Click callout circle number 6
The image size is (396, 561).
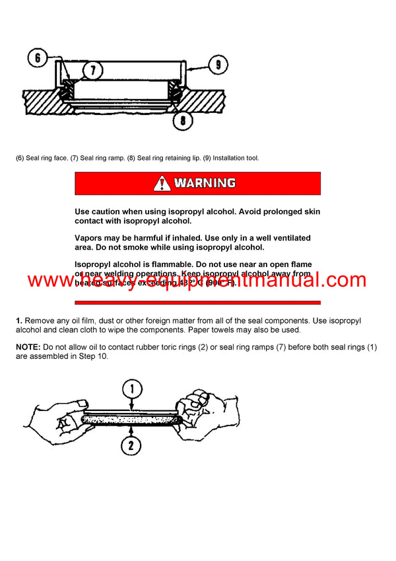pyautogui.click(x=38, y=58)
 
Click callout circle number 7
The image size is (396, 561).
pyautogui.click(x=92, y=69)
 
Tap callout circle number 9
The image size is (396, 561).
pyautogui.click(x=218, y=64)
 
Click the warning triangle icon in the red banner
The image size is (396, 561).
pyautogui.click(x=162, y=183)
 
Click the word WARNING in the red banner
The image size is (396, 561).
pyautogui.click(x=205, y=183)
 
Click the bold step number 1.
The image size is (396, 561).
pyautogui.click(x=19, y=320)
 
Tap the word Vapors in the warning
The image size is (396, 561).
pyautogui.click(x=90, y=238)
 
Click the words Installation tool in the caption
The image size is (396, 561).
pyautogui.click(x=234, y=158)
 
